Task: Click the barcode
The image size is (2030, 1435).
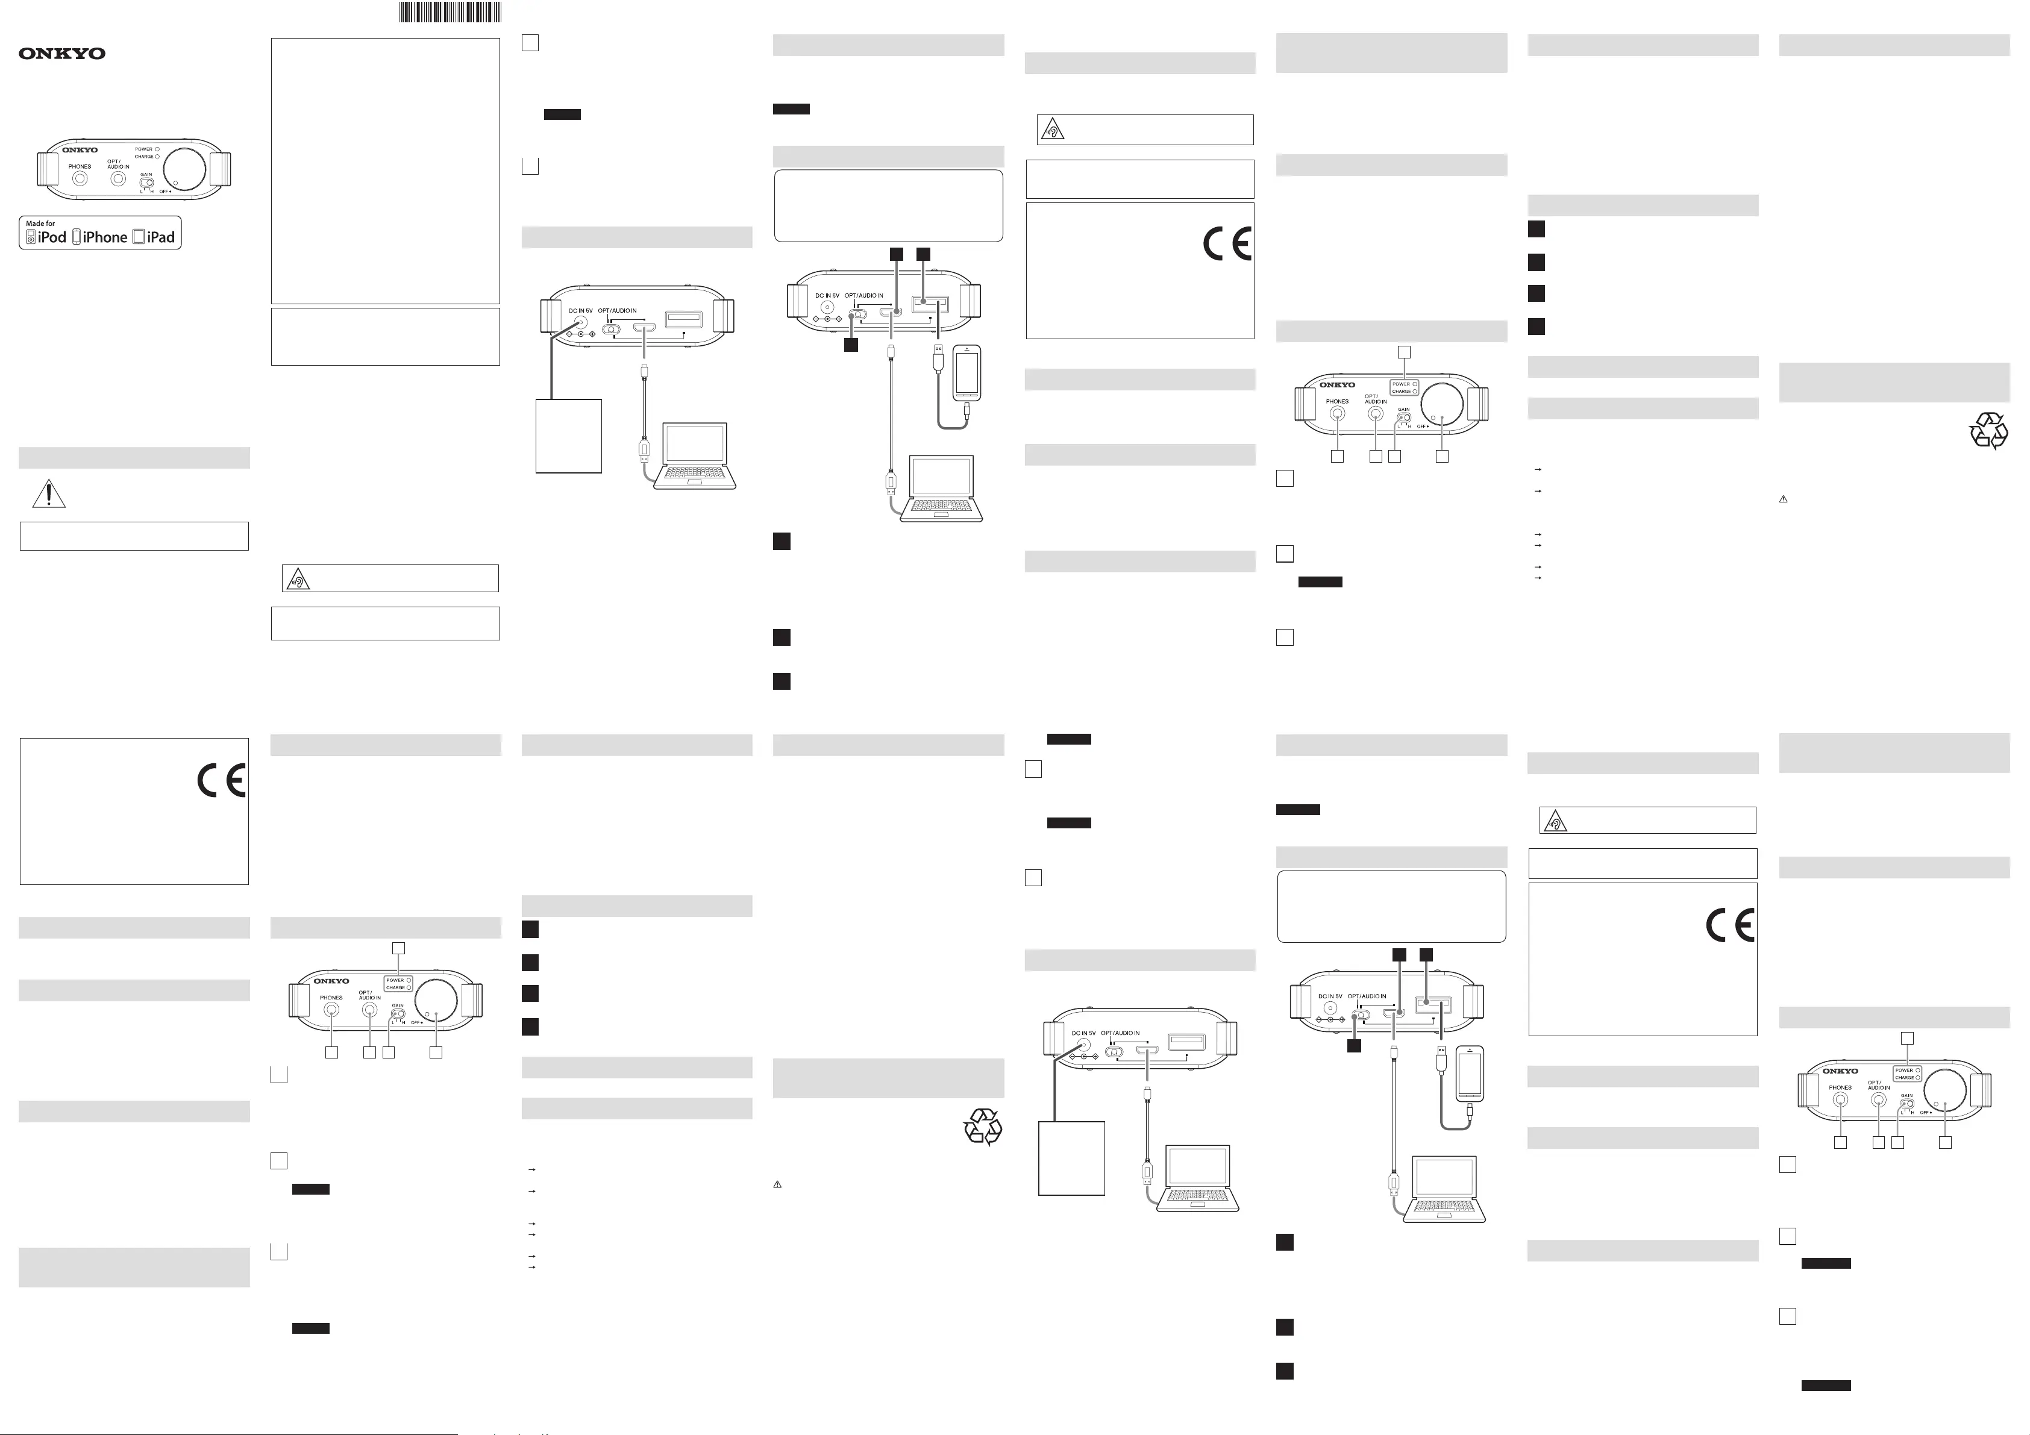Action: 450,11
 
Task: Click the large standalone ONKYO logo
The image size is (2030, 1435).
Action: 62,53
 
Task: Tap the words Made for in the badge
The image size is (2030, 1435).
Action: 40,224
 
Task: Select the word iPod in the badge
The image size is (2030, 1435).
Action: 52,237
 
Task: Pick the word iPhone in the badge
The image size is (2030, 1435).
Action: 105,237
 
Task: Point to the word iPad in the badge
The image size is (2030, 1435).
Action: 161,237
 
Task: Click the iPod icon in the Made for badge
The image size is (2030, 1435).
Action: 31,237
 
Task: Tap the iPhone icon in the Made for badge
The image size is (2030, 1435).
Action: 77,237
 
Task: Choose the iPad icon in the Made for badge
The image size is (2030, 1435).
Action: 138,237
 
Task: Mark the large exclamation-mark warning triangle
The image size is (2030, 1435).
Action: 49,494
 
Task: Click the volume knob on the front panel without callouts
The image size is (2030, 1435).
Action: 184,170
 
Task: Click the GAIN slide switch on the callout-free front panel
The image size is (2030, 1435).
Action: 147,184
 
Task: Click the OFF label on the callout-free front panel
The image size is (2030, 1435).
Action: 163,192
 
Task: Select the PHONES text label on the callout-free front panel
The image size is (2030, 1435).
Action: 80,166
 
